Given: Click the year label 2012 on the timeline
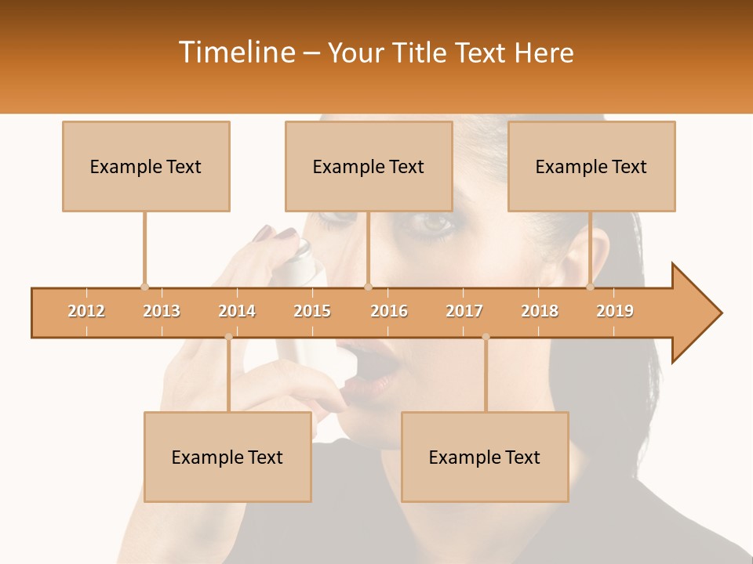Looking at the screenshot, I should pos(86,311).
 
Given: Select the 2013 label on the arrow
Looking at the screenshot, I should pos(162,311).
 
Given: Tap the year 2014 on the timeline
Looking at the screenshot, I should pos(237,311).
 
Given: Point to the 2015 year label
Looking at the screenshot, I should pos(312,311).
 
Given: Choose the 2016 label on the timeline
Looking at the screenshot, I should pos(389,311).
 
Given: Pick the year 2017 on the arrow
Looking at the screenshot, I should pos(464,311).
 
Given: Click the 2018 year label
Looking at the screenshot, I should pos(540,311).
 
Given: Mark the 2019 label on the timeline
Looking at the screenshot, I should pos(615,311).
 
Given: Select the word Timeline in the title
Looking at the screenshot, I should pos(236,52).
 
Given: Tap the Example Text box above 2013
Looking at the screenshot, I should pos(146,166).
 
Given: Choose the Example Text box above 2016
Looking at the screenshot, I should pos(369,166).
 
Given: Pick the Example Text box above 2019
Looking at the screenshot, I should pos(591,166).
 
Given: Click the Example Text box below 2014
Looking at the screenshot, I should pos(227,457).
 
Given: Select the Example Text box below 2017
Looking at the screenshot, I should pos(485,457).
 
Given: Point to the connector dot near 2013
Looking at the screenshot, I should pos(144,287).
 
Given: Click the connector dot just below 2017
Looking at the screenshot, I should pos(486,337).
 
